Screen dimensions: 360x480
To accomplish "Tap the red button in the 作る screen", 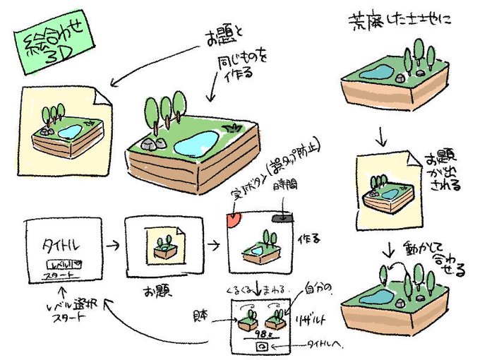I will pos(232,221).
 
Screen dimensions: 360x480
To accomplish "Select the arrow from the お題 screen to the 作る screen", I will pos(211,246).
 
